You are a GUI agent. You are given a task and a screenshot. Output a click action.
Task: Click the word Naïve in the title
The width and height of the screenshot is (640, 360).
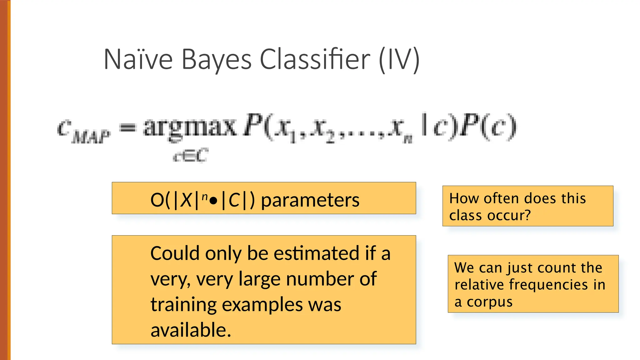pos(138,59)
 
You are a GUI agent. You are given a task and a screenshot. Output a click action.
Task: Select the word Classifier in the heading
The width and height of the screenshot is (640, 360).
pos(315,59)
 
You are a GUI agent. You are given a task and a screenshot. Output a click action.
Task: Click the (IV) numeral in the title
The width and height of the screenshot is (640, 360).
pos(399,60)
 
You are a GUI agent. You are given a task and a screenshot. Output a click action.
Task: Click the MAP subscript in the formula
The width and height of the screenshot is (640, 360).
pos(91,137)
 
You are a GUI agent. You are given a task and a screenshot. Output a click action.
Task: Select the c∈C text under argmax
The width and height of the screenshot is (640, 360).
pos(191,155)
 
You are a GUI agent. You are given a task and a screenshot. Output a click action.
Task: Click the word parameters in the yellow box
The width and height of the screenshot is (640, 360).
pos(310,200)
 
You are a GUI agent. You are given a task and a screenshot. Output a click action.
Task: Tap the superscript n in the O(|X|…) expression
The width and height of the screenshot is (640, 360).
pos(205,196)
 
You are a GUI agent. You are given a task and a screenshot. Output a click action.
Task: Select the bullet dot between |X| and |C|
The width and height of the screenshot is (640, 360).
pos(214,201)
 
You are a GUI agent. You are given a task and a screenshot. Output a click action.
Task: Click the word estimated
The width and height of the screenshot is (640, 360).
pos(316,253)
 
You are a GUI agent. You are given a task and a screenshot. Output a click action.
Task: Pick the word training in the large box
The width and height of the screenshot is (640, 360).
pos(183,305)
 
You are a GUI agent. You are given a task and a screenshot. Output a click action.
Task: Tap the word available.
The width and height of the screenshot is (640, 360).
pos(191,330)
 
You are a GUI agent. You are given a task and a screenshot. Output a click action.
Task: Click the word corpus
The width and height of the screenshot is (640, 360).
pos(490,302)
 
